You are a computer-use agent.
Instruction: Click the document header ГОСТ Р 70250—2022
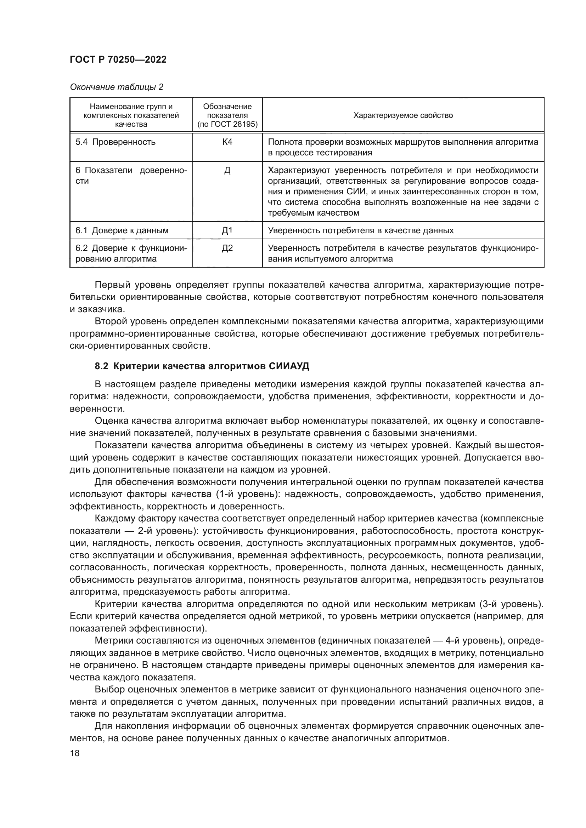point(118,59)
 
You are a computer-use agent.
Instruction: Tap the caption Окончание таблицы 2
point(116,87)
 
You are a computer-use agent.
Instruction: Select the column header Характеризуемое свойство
point(403,115)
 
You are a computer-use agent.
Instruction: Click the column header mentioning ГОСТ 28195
point(227,115)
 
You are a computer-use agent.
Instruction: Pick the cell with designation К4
point(227,142)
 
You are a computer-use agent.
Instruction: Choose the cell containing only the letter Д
point(227,171)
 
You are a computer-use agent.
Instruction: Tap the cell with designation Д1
point(227,230)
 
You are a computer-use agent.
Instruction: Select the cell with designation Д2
point(227,248)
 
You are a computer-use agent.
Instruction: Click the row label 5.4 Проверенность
point(115,142)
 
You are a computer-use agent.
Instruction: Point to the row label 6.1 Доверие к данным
point(122,230)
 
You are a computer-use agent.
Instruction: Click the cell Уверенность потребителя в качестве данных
point(360,230)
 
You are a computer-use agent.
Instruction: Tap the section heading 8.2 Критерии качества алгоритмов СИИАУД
point(202,366)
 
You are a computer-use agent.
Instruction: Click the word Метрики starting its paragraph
point(115,640)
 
